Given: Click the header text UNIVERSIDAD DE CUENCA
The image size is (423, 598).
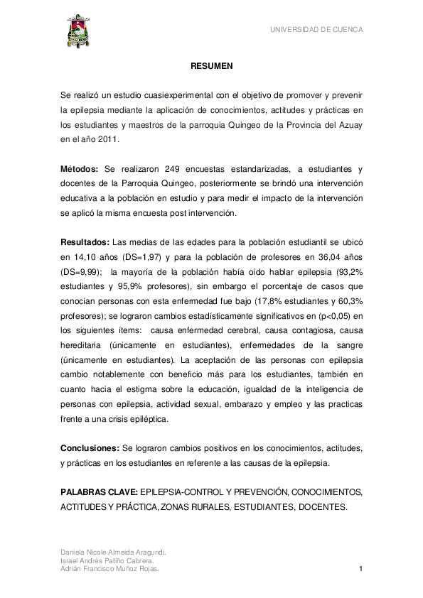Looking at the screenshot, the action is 316,30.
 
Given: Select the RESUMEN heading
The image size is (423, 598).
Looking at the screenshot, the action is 211,66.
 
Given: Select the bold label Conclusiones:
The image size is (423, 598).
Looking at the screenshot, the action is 90,449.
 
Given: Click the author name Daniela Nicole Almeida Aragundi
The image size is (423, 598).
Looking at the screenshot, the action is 113,552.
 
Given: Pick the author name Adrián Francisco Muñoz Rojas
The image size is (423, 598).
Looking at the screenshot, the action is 109,569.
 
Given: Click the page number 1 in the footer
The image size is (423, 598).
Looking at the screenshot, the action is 361,569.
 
